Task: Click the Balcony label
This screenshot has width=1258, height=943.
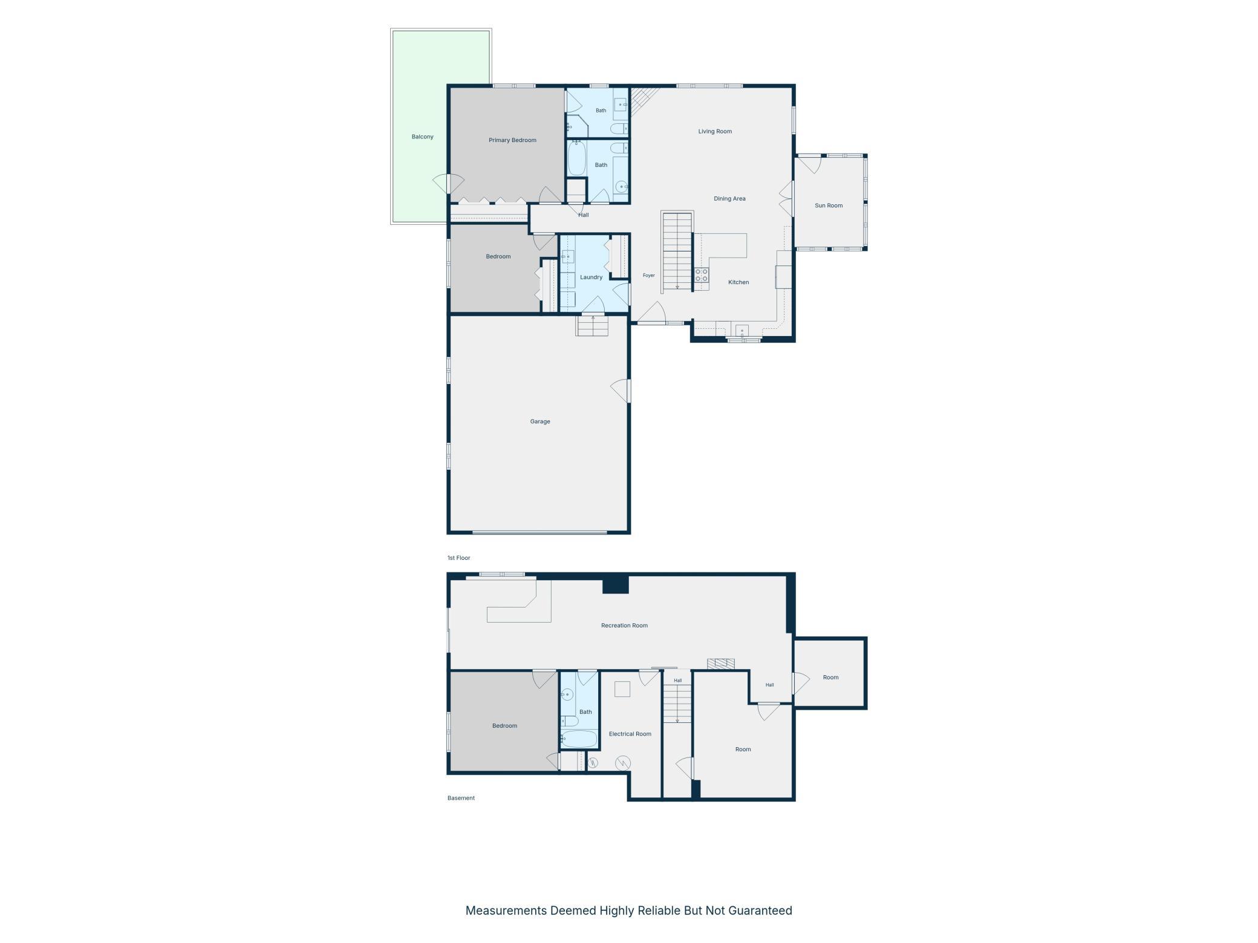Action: point(422,137)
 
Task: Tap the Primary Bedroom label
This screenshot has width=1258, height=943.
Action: point(512,140)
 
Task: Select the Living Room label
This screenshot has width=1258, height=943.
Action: point(715,131)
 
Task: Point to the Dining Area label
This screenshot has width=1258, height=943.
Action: point(729,198)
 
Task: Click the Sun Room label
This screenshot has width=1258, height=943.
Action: point(828,206)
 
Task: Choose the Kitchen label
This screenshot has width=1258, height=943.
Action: point(738,282)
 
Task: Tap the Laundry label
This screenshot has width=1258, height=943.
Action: point(591,277)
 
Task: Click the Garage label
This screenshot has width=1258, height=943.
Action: point(540,421)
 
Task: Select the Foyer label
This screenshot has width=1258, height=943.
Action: point(648,276)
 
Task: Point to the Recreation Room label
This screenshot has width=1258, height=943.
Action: point(624,626)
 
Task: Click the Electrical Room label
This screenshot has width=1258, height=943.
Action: point(630,734)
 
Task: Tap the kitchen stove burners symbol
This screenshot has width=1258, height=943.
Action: point(702,276)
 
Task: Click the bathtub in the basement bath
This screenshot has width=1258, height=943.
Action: point(579,739)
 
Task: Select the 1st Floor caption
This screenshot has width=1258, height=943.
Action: point(458,558)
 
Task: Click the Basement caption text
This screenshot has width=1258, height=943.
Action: point(461,798)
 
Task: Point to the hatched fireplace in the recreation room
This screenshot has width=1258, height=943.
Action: point(721,664)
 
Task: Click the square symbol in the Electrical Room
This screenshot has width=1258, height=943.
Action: point(622,689)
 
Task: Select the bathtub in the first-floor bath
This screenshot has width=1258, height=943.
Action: point(577,158)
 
